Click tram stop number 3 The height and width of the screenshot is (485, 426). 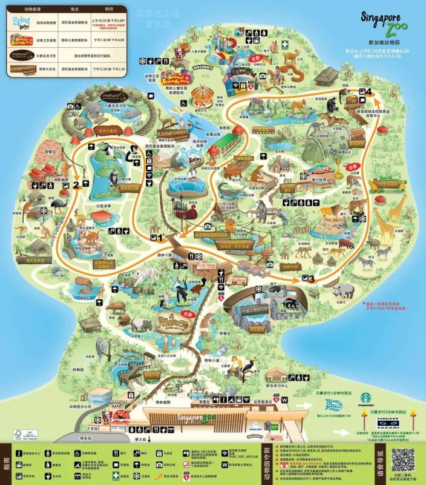(x=311, y=279)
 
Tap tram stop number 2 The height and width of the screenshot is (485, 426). (x=77, y=185)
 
